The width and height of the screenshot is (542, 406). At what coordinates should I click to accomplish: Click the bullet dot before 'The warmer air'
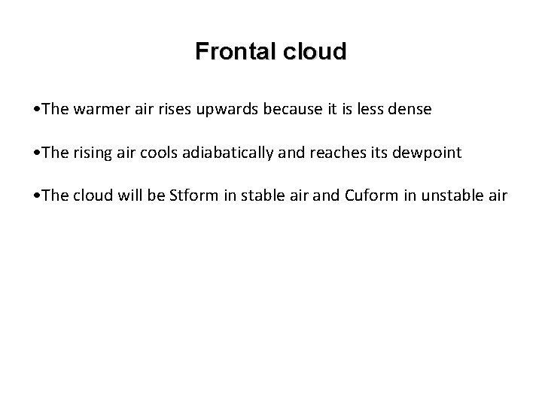click(37, 109)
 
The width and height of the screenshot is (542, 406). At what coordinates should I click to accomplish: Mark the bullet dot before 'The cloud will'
click(37, 196)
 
